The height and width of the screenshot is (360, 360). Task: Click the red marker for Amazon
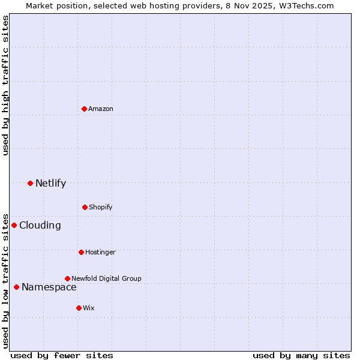click(x=84, y=109)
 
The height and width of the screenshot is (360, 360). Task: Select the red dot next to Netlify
click(x=30, y=183)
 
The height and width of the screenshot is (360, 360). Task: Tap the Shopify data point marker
click(x=85, y=207)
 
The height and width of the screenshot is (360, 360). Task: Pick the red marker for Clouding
click(x=14, y=225)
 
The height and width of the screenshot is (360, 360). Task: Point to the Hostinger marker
click(x=81, y=252)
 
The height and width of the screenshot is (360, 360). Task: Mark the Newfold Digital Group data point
click(x=67, y=278)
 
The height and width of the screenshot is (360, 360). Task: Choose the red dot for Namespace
click(x=16, y=287)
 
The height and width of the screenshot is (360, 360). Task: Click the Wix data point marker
click(x=79, y=308)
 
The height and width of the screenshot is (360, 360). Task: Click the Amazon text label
click(x=101, y=109)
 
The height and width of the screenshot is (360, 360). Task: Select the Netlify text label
click(x=50, y=183)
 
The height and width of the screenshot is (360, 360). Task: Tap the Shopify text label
click(x=101, y=207)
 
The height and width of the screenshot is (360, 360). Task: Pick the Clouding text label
click(x=40, y=225)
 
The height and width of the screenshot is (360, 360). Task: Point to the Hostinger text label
click(x=100, y=252)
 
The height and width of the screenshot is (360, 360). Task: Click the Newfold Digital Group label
click(x=106, y=278)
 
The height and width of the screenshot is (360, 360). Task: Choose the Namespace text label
click(x=49, y=287)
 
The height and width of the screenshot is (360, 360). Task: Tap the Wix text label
click(x=89, y=308)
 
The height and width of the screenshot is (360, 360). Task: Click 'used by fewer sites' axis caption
click(x=62, y=355)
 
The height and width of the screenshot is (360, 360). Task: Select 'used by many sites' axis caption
click(x=301, y=355)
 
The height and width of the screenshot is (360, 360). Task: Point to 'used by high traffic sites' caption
click(x=5, y=85)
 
